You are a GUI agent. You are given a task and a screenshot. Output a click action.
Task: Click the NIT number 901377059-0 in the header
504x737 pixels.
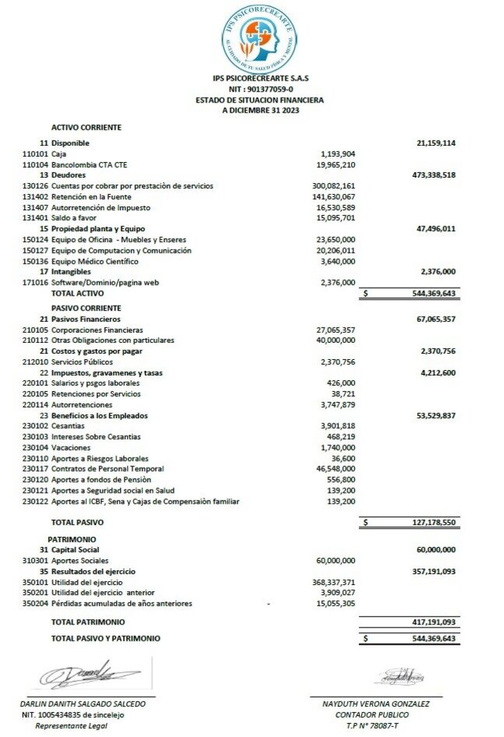pyautogui.click(x=260, y=89)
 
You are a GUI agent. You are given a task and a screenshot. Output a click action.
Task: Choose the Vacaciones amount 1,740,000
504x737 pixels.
pyautogui.click(x=337, y=448)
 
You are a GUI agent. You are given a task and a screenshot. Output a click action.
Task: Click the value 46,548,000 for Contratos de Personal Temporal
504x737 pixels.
pyautogui.click(x=336, y=469)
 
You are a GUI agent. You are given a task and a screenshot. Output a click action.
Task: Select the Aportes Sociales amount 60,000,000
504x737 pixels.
pyautogui.click(x=336, y=560)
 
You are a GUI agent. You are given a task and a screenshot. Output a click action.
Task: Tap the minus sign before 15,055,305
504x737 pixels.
pyautogui.click(x=268, y=603)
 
